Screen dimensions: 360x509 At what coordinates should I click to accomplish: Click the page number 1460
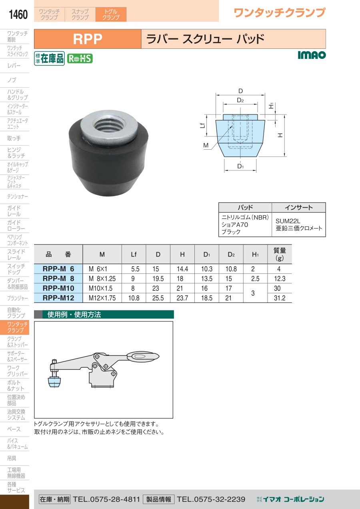pyautogui.click(x=18, y=14)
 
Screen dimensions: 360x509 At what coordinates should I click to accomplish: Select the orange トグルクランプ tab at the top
pyautogui.click(x=111, y=14)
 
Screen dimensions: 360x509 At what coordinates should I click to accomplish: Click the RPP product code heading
pyautogui.click(x=88, y=39)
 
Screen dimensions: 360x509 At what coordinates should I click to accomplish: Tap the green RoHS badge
pyautogui.click(x=80, y=58)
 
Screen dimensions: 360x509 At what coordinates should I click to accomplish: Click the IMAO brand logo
pyautogui.click(x=312, y=55)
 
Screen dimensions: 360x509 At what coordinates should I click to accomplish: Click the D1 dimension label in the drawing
pyautogui.click(x=240, y=166)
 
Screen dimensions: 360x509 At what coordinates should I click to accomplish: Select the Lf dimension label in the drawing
pyautogui.click(x=202, y=125)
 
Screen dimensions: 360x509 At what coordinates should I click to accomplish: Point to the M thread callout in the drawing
pyautogui.click(x=206, y=145)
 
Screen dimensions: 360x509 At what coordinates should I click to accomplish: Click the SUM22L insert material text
pyautogui.click(x=288, y=221)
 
